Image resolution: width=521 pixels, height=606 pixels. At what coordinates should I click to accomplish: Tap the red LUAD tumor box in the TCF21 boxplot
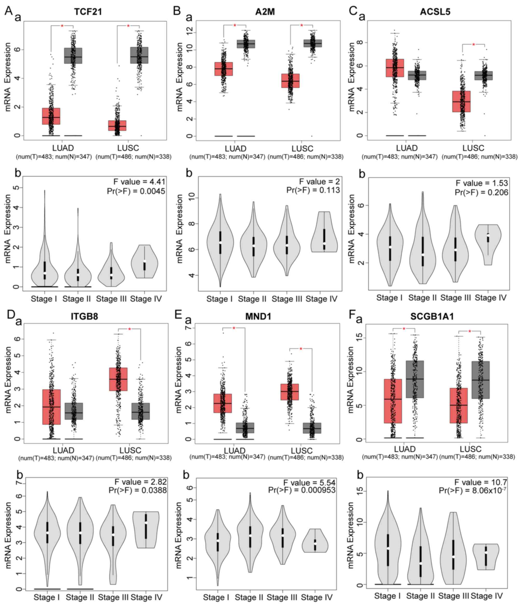[x=51, y=116]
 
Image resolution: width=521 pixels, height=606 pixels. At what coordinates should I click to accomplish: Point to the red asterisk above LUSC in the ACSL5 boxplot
[x=473, y=45]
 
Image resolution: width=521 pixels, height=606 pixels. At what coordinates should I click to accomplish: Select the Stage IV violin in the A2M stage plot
[x=324, y=232]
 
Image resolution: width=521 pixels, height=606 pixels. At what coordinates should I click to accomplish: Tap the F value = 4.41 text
[x=139, y=182]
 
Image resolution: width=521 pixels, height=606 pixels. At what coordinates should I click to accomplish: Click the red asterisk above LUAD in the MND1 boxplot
[x=234, y=328]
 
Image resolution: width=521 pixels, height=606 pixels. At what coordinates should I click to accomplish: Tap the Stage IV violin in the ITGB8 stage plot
[x=146, y=530]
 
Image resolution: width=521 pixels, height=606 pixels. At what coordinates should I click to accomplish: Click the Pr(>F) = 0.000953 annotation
[x=301, y=490]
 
